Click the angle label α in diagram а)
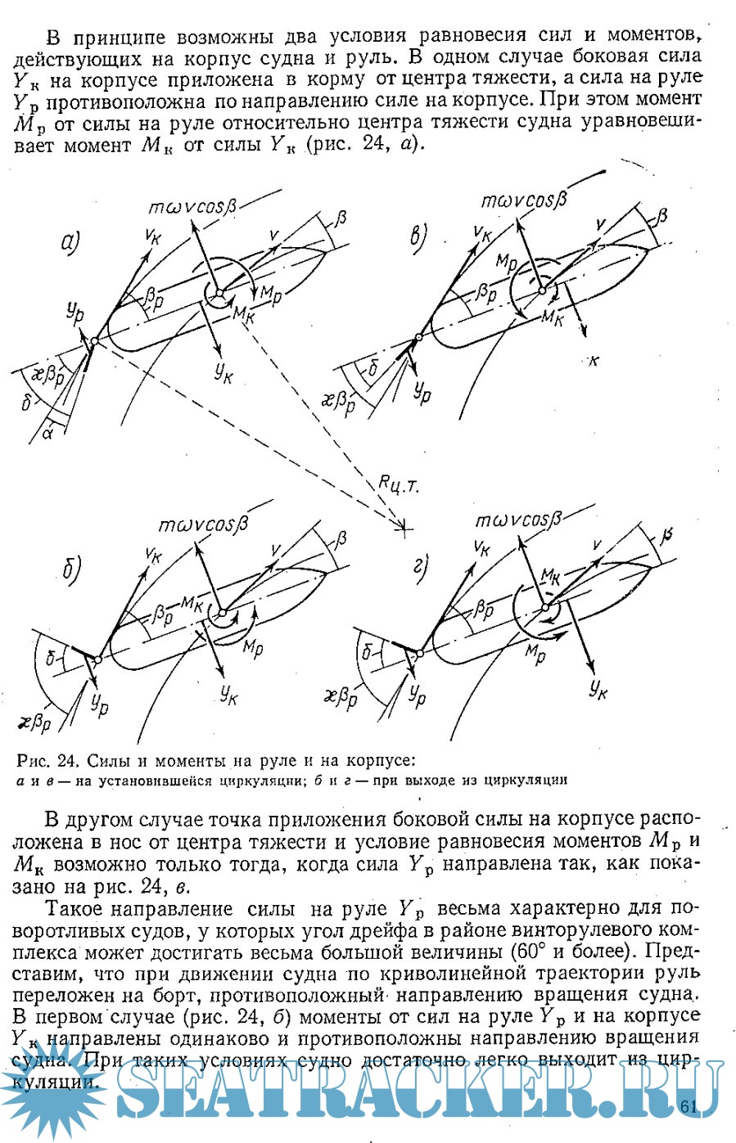coord(47,431)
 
